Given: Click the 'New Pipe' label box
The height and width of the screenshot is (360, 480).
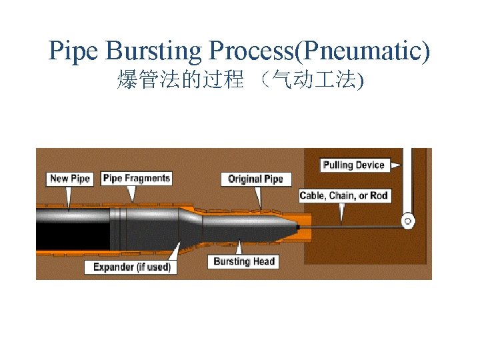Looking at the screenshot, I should point(69,178).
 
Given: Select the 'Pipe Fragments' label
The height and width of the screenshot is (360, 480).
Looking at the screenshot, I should point(137,178).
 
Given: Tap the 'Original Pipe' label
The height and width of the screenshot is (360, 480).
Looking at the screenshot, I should point(255,179).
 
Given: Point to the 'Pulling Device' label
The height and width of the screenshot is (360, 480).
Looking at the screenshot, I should point(354,165).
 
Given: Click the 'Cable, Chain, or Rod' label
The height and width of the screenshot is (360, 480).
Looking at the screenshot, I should point(344,195).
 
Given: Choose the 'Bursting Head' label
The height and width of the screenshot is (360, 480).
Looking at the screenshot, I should point(244,261).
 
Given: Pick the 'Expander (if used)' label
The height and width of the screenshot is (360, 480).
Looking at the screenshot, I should point(131,267).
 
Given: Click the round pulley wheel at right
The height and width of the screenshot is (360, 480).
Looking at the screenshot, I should point(406,220).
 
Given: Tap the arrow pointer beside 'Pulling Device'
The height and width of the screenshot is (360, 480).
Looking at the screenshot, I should point(396,165).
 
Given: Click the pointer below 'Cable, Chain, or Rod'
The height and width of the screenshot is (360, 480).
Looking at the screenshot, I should point(341,212).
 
